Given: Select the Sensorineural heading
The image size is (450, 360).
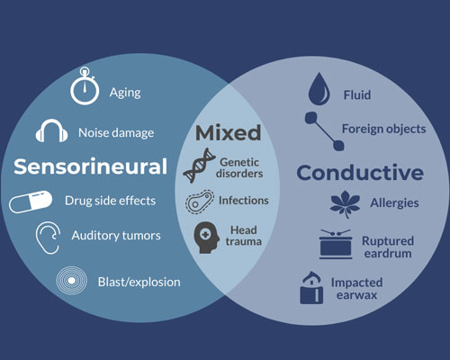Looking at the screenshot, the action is pos(90,166).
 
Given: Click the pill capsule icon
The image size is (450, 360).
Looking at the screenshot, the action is pos(31,202).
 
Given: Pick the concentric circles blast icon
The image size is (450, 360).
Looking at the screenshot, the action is pos(71,281).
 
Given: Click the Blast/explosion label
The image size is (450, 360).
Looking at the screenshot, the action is pos(139,283).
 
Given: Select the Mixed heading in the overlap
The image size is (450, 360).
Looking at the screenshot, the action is pos(229,132).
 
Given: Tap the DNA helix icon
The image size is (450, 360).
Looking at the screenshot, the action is pos(199,166).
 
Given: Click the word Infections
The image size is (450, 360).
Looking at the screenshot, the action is pos(244,201).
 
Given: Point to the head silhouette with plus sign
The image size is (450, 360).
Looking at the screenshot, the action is pos(206,238).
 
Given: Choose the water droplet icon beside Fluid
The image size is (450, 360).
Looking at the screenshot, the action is pos(319,90).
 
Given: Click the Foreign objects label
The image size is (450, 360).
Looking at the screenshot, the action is pos(384,129).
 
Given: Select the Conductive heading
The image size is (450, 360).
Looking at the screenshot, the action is pos(360,173).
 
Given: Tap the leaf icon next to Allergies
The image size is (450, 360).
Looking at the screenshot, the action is pos(345,203).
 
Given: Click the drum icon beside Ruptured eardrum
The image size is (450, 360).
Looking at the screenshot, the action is pos(336,245).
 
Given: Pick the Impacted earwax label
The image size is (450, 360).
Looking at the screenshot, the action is pos(356,289).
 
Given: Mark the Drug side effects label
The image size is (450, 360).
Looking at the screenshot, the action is pos(111,201).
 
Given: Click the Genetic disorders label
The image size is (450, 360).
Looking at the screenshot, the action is pos(239,168).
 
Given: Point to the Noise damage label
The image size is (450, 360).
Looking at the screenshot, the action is pos(116,132).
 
